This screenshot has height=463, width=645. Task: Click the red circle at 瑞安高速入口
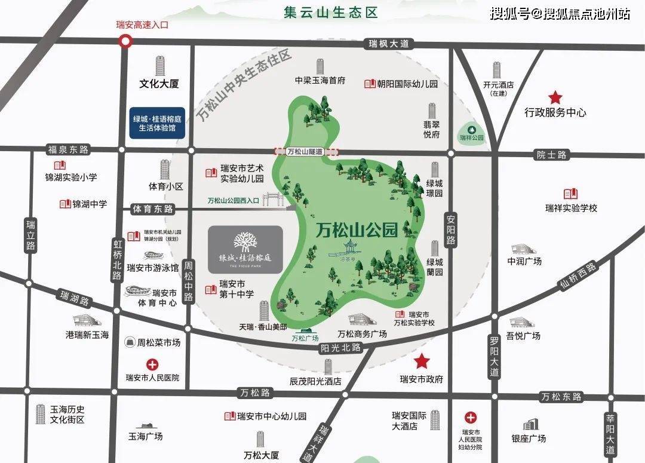(x=125, y=41)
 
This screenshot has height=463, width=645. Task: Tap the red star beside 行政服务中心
(x=555, y=97)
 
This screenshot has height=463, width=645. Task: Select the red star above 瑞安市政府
(x=422, y=361)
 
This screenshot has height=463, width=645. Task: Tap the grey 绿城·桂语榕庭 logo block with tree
(x=245, y=249)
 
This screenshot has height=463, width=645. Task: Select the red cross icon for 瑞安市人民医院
(x=153, y=364)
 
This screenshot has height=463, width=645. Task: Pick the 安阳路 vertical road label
(x=450, y=231)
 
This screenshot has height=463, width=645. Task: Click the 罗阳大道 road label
(x=493, y=355)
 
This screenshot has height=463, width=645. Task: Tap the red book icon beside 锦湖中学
(x=65, y=204)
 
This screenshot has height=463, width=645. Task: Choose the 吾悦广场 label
(x=523, y=336)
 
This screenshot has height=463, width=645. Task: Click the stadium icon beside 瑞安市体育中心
(x=137, y=293)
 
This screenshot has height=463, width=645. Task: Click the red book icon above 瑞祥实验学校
(x=570, y=194)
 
